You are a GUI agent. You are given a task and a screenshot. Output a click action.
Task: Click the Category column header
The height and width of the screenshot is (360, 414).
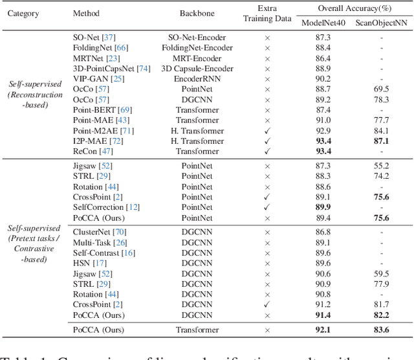pos(23,13)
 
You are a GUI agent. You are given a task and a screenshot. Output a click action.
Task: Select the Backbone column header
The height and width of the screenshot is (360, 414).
pos(195,13)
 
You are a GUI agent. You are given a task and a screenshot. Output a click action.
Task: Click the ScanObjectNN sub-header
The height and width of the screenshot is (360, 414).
pos(381,23)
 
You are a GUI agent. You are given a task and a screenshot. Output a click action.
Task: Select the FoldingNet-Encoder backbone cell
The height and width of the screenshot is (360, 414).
pos(195,48)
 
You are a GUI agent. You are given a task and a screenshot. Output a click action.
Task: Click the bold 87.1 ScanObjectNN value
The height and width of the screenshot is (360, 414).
pos(381,141)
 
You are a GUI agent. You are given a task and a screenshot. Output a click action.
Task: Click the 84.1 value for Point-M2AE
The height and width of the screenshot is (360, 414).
pos(381,130)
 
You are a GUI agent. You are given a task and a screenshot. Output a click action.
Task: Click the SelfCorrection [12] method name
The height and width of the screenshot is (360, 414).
pos(106,207)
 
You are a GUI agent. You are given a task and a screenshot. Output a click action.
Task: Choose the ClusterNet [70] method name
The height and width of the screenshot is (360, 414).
pos(100,232)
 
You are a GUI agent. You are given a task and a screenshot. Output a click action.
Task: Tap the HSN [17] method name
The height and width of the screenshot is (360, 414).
pos(90,263)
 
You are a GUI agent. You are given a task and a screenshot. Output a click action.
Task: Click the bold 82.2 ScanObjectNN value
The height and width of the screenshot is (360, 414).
pos(381,314)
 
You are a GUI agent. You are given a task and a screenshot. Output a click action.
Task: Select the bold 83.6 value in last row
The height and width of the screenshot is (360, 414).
pos(381,330)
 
